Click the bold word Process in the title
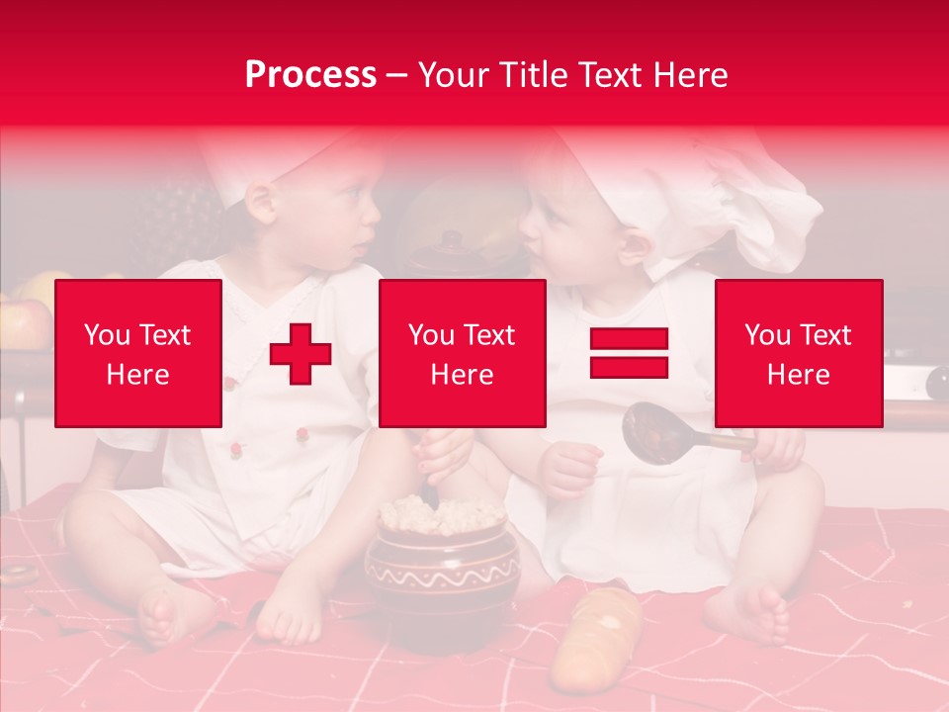310,75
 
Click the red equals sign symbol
629,353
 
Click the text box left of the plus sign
138,353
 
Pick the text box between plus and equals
462,353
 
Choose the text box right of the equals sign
798,353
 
